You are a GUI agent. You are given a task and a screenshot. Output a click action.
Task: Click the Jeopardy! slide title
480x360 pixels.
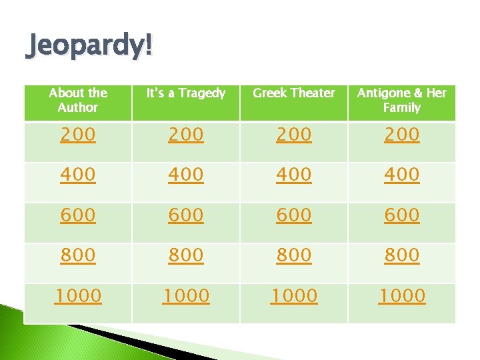(x=89, y=47)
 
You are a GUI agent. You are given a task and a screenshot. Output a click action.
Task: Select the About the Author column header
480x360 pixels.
(x=78, y=100)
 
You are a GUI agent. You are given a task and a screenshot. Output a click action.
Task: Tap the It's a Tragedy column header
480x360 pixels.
(x=186, y=93)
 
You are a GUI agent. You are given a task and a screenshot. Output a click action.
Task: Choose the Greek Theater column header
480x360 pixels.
(x=294, y=93)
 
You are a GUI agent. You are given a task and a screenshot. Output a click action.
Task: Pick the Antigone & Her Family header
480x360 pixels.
(x=402, y=100)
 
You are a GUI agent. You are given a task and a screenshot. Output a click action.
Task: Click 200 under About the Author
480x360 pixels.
(x=78, y=135)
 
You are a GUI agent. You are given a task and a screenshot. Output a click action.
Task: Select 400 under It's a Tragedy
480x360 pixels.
(x=186, y=175)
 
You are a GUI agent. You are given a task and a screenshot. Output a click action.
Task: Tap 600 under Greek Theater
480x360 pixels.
(x=294, y=215)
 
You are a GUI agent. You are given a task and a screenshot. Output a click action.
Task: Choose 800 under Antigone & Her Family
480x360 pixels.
(x=402, y=255)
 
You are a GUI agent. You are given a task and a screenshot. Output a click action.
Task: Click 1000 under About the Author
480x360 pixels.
(x=78, y=295)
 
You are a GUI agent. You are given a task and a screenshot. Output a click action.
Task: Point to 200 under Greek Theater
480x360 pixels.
(x=294, y=135)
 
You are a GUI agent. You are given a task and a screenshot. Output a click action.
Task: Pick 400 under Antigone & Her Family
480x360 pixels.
(x=402, y=175)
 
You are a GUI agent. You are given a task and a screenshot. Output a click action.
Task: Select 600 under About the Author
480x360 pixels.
(x=78, y=215)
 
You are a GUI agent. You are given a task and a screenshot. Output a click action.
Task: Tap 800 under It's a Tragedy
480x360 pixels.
(x=186, y=255)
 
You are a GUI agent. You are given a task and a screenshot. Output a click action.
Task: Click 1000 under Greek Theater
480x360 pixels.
(x=294, y=295)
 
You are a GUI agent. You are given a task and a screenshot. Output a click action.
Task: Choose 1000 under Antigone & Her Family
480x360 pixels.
(x=402, y=295)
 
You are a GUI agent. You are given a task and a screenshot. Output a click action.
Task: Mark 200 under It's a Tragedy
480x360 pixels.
(x=186, y=135)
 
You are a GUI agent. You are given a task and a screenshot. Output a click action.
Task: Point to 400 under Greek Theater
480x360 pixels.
(x=294, y=175)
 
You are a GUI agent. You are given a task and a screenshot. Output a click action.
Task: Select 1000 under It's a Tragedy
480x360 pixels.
(x=186, y=295)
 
